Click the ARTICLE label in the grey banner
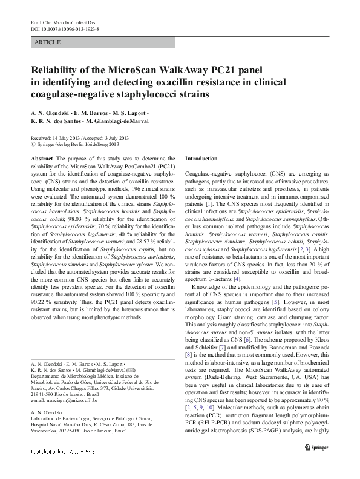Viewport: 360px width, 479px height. pos(48,42)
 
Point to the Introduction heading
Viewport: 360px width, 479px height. pos(201,158)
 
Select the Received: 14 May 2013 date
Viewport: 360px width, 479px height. pos(55,138)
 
